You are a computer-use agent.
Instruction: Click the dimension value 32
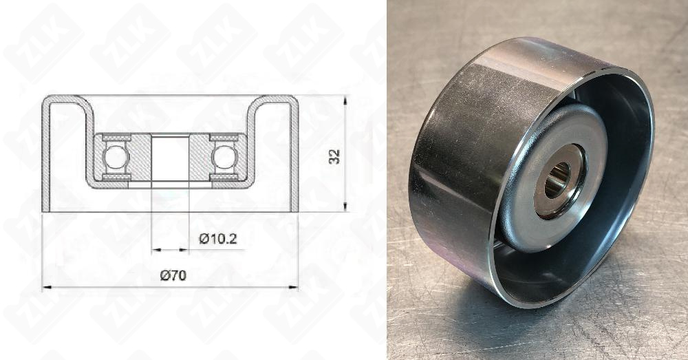pyautogui.click(x=335, y=156)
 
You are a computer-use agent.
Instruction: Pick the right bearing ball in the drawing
pyautogui.click(x=224, y=158)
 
